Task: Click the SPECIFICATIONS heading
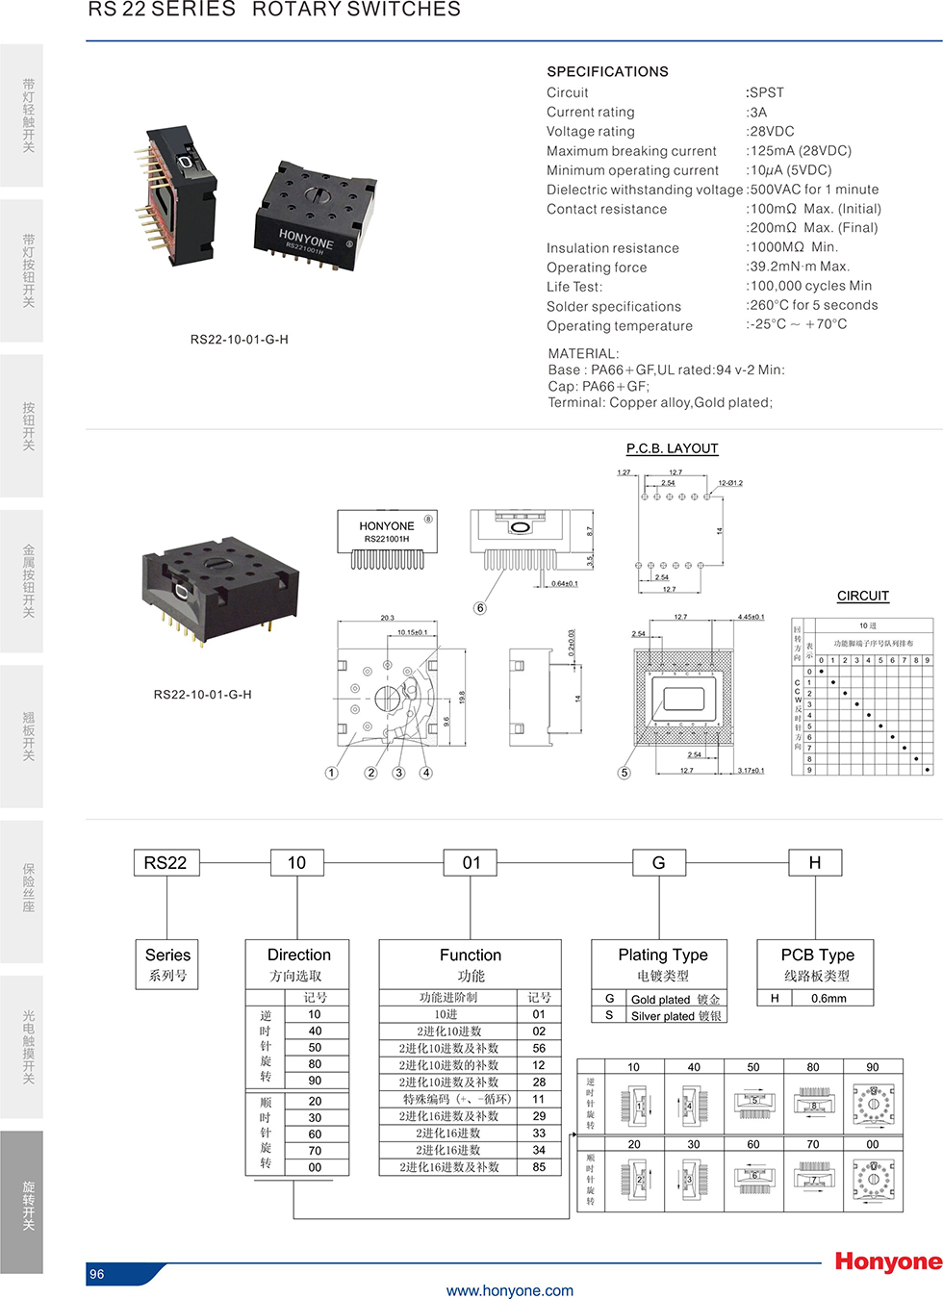(607, 72)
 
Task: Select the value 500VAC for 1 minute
(814, 190)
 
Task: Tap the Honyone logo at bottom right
(887, 1261)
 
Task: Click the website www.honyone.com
(509, 1291)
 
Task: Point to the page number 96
(97, 1274)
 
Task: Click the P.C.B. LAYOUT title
(672, 448)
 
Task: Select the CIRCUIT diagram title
(862, 596)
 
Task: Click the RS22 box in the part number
(166, 863)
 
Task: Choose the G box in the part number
(658, 863)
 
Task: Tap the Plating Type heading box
(662, 963)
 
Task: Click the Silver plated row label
(675, 1016)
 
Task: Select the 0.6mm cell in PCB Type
(828, 999)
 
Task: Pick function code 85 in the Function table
(539, 1167)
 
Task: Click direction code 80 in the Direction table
(315, 1064)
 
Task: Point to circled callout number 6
(480, 608)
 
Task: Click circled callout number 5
(624, 773)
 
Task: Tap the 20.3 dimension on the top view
(387, 618)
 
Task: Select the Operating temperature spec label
(619, 326)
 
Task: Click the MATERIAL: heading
(583, 353)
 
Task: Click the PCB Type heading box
(816, 963)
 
